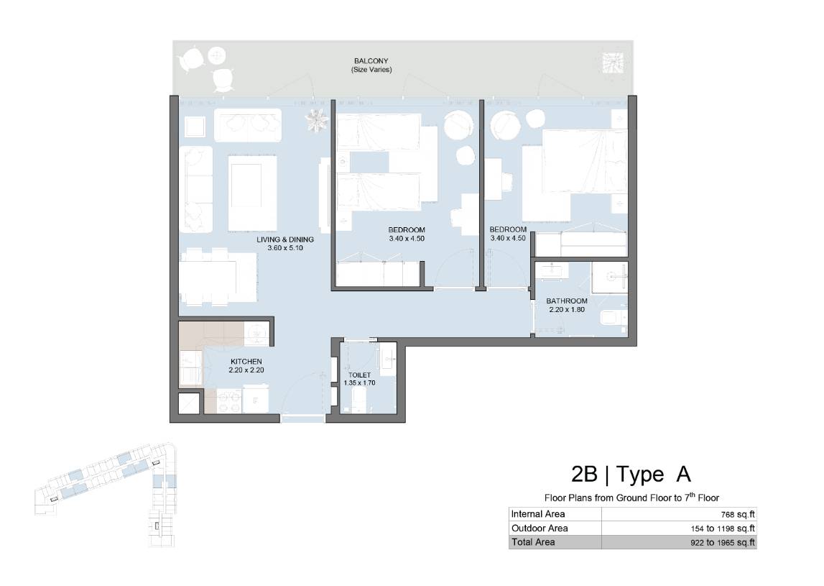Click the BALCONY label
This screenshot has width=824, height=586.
[x=371, y=61]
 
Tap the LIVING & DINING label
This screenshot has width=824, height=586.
[x=285, y=239]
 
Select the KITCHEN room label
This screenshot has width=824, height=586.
[x=246, y=362]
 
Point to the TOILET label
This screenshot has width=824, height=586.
[x=359, y=375]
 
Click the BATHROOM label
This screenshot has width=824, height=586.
[x=567, y=301]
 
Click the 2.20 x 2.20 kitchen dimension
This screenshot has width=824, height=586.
[x=246, y=370]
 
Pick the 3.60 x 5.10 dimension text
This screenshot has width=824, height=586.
[x=285, y=248]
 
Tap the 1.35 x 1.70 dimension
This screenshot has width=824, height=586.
[x=359, y=383]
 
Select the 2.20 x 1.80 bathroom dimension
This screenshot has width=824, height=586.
[x=567, y=309]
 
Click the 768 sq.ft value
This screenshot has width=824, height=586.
[x=738, y=515]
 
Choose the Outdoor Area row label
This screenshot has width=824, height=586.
[x=540, y=528]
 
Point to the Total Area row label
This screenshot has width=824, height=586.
[x=533, y=542]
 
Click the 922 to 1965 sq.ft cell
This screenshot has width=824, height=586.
[x=723, y=542]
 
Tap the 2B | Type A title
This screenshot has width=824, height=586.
[x=631, y=474]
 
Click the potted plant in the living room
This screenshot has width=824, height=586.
[x=316, y=121]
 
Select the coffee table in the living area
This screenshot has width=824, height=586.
[x=253, y=193]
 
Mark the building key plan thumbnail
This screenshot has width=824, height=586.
[x=106, y=495]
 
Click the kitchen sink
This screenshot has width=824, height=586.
[x=257, y=334]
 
